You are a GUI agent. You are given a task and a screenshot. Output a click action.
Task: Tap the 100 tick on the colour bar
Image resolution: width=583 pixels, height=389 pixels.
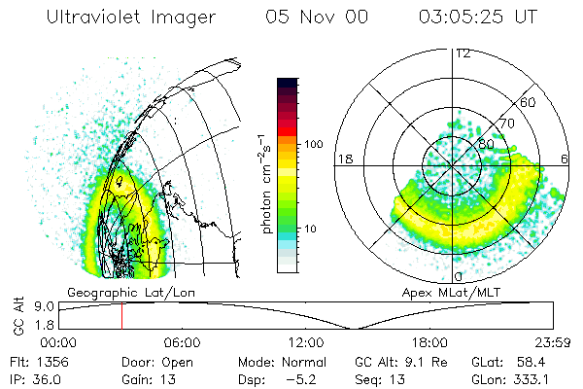312,144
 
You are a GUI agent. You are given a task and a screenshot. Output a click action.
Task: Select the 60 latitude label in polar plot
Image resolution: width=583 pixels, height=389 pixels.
529,102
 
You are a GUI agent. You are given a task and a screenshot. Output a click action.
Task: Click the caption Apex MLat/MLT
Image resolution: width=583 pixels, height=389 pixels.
458,292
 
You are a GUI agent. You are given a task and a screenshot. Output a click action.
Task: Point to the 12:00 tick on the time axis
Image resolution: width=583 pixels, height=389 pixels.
306,341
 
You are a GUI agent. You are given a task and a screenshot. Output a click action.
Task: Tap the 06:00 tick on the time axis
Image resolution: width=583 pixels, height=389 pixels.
182,341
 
